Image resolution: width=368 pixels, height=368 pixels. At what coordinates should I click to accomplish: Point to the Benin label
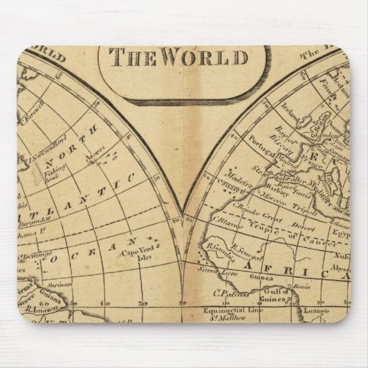tap(301, 285)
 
